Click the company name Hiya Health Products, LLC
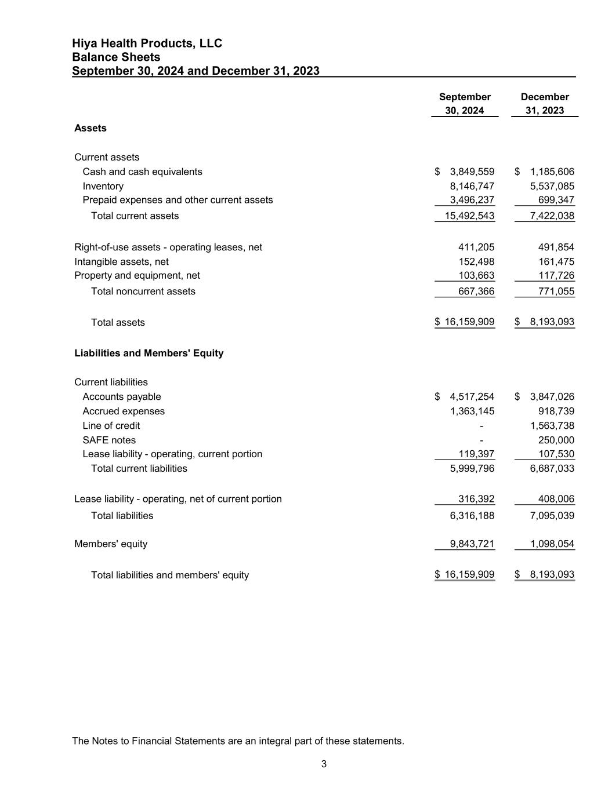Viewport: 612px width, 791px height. pos(147,43)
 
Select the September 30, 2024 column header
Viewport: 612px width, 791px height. pos(465,104)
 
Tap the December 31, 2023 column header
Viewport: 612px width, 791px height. pos(545,104)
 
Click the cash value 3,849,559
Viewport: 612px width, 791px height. pos(472,172)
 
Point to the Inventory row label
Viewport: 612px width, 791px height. pos(103,186)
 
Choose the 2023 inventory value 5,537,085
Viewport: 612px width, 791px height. pos(552,186)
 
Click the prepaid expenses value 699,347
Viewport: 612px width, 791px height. pos(556,200)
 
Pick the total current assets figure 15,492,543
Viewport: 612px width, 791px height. pos(469,216)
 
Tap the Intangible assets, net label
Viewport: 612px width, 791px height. pos(121,261)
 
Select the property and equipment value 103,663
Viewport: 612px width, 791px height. pos(476,275)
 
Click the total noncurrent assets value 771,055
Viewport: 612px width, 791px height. pos(556,291)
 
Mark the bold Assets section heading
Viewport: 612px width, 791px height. pos(90,128)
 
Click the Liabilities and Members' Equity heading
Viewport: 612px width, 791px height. pos(149,353)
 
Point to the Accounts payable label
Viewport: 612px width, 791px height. pos(122,396)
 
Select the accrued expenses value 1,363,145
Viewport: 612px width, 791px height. pos(472,411)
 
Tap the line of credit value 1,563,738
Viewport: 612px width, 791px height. pos(552,425)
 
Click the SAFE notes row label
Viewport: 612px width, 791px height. pos(109,440)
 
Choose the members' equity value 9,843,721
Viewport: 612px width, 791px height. pos(472,544)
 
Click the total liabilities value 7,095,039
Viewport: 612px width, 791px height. pos(552,515)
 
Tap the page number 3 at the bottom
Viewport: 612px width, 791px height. pos(324,764)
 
